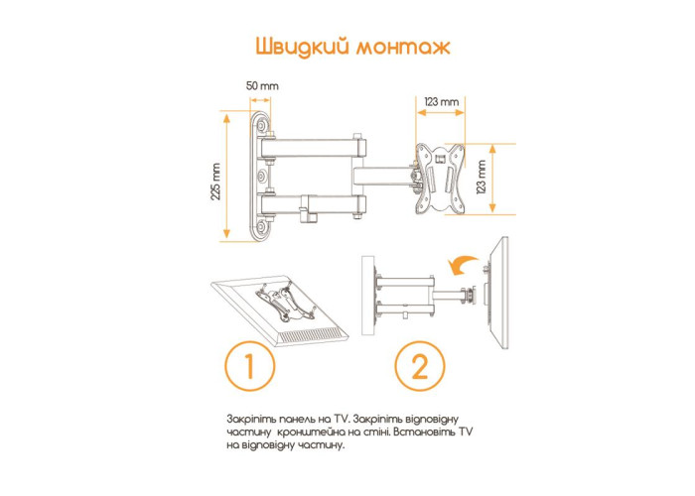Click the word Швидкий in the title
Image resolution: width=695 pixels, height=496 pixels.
[x=302, y=47]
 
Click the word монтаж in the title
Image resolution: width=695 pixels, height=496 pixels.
[x=403, y=48]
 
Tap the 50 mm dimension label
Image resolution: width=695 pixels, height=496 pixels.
[x=262, y=85]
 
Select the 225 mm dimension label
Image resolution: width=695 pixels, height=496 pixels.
[x=215, y=182]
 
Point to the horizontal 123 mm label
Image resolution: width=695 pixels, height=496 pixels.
[x=441, y=102]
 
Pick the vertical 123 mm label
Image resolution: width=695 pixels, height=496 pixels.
[x=481, y=178]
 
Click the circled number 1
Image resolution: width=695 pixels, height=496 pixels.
[x=249, y=366]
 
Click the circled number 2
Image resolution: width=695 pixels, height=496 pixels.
[x=420, y=366]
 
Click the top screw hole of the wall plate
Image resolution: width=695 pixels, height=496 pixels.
[x=262, y=126]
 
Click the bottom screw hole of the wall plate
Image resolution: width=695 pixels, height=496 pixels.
[x=262, y=227]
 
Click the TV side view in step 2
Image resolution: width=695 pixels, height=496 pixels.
[x=497, y=294]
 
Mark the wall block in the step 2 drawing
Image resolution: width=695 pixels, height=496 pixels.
[x=368, y=296]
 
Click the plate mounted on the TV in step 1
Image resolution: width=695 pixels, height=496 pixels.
[x=283, y=303]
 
